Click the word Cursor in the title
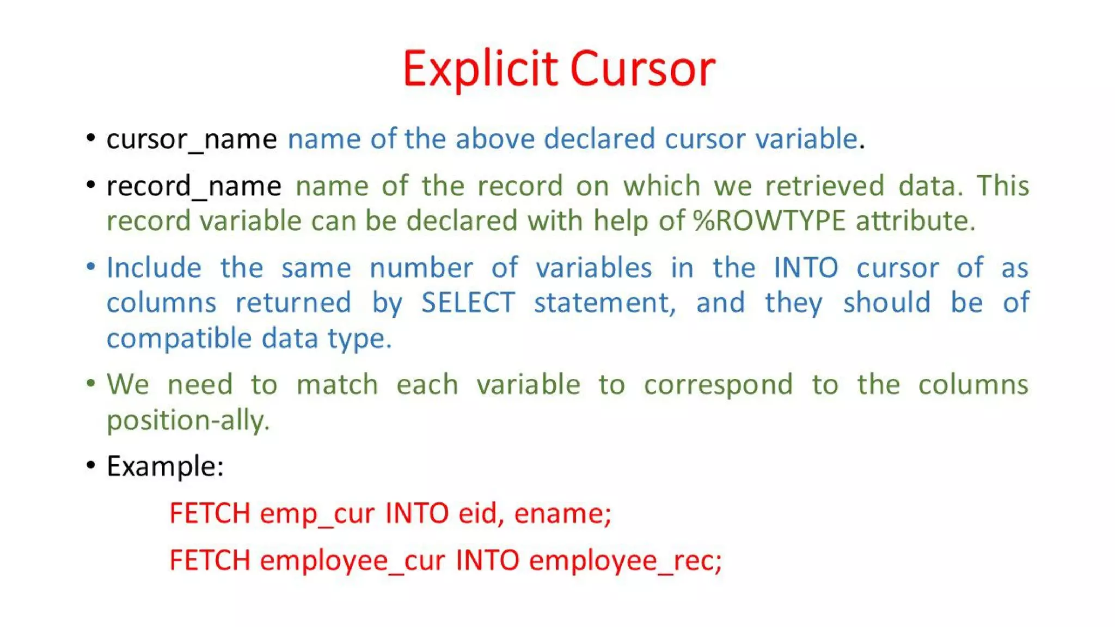(x=642, y=69)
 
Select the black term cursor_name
(x=192, y=139)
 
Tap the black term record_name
(x=194, y=186)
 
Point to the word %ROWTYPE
(x=769, y=221)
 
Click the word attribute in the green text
(x=915, y=221)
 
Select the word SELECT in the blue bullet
(x=468, y=303)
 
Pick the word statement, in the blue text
(x=604, y=303)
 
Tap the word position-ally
(x=188, y=421)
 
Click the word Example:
(x=165, y=466)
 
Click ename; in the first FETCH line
(x=562, y=513)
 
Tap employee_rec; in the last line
(x=625, y=561)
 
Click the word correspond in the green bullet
(x=718, y=385)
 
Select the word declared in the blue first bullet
(x=599, y=139)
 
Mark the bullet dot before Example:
(x=91, y=465)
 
